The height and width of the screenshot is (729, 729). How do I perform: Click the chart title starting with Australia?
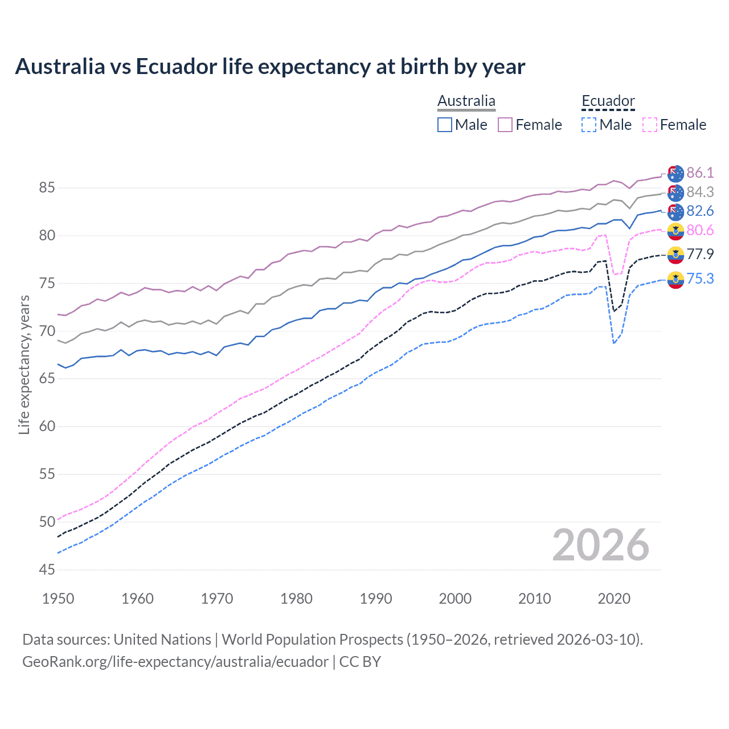pyautogui.click(x=270, y=67)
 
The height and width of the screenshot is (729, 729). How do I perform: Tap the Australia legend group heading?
pyautogui.click(x=466, y=101)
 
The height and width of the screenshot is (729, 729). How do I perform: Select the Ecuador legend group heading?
pyautogui.click(x=608, y=101)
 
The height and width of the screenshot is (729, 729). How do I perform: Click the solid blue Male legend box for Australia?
pyautogui.click(x=445, y=125)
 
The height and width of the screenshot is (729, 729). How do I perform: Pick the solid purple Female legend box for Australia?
pyautogui.click(x=505, y=125)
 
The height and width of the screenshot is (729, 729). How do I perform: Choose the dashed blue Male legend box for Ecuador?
pyautogui.click(x=589, y=125)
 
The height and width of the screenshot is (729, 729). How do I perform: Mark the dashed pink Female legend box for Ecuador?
pyautogui.click(x=650, y=125)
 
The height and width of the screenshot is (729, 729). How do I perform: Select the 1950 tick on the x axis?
pyautogui.click(x=58, y=599)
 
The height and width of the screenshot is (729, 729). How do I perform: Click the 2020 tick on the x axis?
pyautogui.click(x=614, y=599)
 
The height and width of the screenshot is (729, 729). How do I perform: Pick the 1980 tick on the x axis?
pyautogui.click(x=296, y=599)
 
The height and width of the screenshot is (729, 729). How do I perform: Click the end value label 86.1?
pyautogui.click(x=700, y=173)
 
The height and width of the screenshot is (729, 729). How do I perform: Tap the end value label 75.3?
pyautogui.click(x=700, y=279)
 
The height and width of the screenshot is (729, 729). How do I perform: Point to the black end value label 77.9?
pyautogui.click(x=700, y=254)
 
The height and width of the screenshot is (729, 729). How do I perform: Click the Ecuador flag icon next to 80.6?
pyautogui.click(x=675, y=231)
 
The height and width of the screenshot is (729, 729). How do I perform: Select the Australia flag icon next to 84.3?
pyautogui.click(x=675, y=193)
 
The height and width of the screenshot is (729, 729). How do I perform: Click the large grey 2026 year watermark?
pyautogui.click(x=600, y=545)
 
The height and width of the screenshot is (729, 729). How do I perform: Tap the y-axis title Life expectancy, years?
pyautogui.click(x=24, y=364)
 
